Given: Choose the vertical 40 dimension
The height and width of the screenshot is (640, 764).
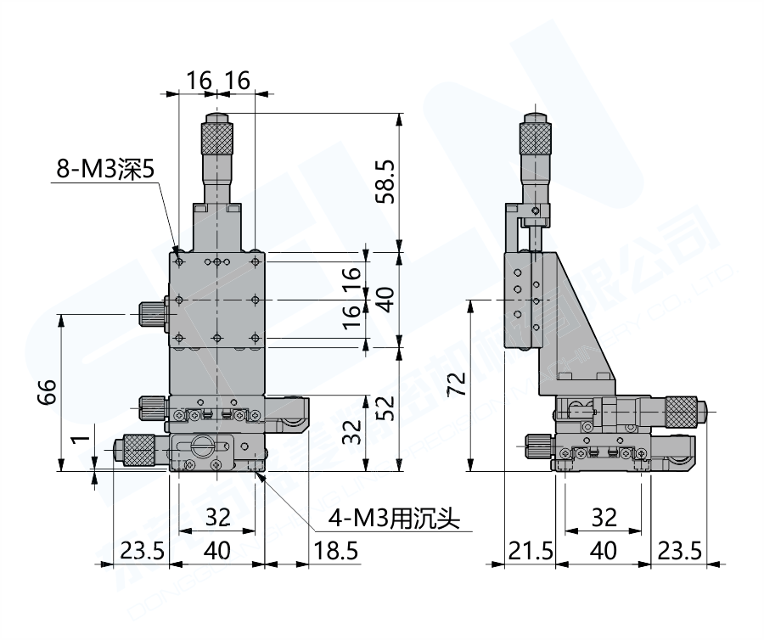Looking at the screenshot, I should [x=385, y=299].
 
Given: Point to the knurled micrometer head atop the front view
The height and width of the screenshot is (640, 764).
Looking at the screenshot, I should [x=218, y=138].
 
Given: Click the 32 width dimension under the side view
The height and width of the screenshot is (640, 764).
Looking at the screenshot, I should [x=603, y=516].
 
